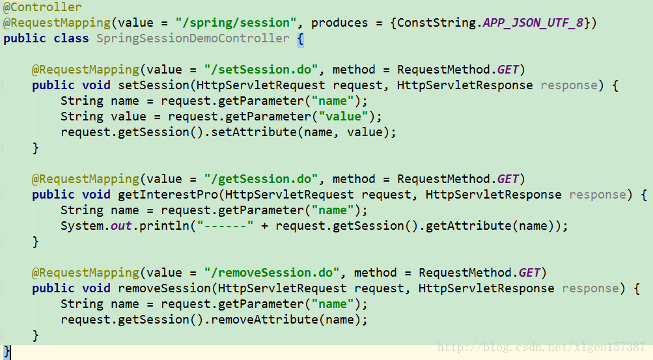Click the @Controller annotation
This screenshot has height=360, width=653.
click(x=43, y=7)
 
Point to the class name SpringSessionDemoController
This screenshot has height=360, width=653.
click(x=193, y=38)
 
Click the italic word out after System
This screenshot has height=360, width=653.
click(x=122, y=226)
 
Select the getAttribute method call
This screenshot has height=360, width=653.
click(x=459, y=226)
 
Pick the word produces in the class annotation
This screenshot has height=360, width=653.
click(x=340, y=23)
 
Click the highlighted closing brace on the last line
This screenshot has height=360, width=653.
click(x=7, y=352)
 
